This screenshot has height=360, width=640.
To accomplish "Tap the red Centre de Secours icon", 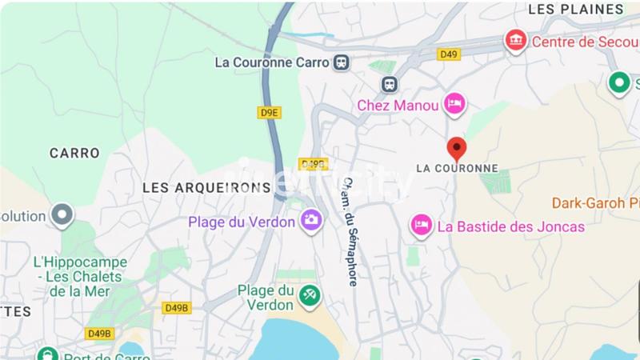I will [x=514, y=41].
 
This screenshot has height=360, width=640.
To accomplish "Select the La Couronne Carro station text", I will [x=272, y=62].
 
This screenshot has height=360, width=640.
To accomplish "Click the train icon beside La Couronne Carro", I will [x=342, y=62].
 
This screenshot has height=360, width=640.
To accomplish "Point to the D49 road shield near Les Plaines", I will [x=449, y=54].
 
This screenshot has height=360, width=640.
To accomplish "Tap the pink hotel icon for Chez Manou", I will [x=455, y=103].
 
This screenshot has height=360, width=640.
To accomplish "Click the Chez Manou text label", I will [x=398, y=105].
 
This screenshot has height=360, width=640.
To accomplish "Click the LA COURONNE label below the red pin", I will [x=457, y=169].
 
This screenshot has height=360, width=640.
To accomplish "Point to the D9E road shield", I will [x=270, y=113].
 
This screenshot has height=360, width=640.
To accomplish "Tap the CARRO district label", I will [x=74, y=153].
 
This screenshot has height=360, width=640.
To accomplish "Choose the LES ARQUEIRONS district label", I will [x=206, y=187].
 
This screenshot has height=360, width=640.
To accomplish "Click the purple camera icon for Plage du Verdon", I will [x=311, y=219].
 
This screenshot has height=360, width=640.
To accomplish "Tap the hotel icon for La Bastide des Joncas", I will [x=421, y=226].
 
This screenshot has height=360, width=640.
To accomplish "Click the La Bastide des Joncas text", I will [x=510, y=227].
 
